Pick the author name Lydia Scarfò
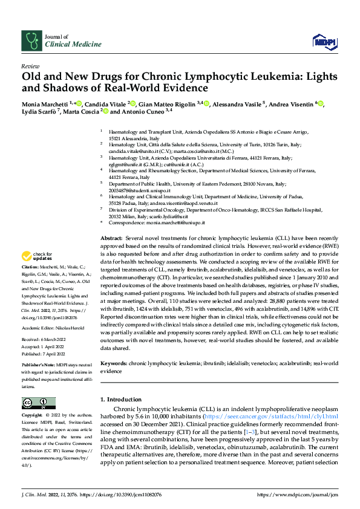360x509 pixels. click(x=39, y=112)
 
